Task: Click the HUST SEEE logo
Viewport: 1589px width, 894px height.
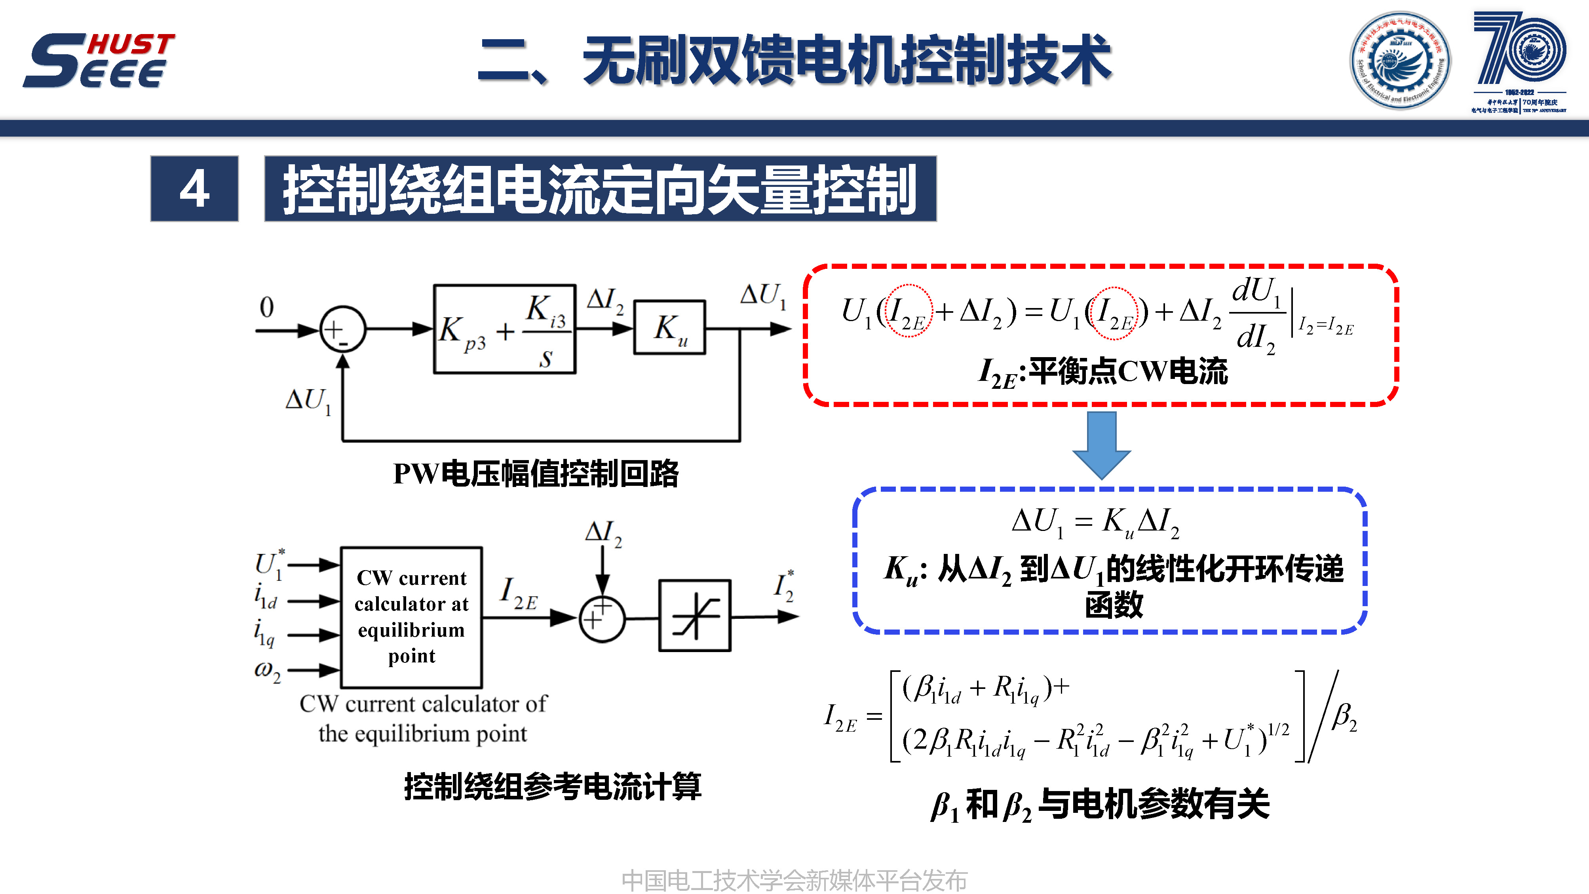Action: click(99, 61)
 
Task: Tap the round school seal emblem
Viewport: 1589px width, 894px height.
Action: click(1400, 61)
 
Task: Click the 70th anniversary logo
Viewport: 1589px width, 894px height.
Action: click(1519, 61)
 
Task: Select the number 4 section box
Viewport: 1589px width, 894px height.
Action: click(194, 189)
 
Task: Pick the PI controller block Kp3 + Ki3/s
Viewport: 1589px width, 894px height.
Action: click(505, 329)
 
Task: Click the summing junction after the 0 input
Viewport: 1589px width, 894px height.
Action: click(342, 329)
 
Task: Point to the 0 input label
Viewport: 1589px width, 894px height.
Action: click(266, 306)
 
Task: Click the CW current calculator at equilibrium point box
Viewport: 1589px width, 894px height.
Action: click(411, 617)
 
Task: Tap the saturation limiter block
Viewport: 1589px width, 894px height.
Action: click(695, 616)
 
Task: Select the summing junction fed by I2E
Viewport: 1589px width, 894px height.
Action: click(602, 618)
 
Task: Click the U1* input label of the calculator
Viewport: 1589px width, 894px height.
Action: click(270, 564)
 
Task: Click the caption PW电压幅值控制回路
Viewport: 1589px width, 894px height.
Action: click(536, 474)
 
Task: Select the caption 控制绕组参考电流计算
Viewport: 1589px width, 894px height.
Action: click(553, 787)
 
